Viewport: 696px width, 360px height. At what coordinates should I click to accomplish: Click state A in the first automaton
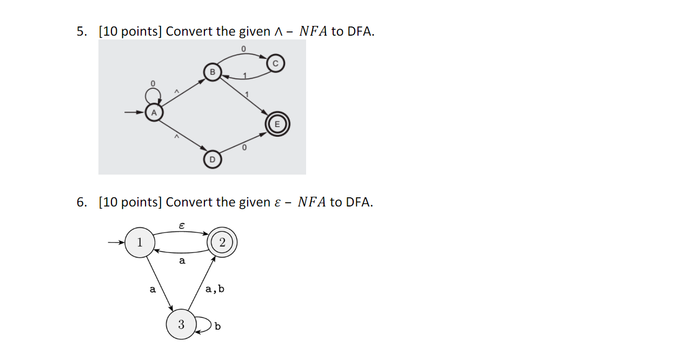pyautogui.click(x=154, y=113)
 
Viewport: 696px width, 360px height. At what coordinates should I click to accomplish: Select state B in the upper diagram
pyautogui.click(x=213, y=72)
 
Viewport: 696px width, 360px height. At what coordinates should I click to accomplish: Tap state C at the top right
pyautogui.click(x=275, y=64)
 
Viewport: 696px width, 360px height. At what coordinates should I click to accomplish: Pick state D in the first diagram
pyautogui.click(x=213, y=159)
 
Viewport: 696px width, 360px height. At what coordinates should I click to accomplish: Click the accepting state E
pyautogui.click(x=277, y=124)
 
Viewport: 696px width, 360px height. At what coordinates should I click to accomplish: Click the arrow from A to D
pyautogui.click(x=182, y=136)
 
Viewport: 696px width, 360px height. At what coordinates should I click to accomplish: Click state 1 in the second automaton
pyautogui.click(x=140, y=243)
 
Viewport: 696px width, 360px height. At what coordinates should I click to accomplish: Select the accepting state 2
pyautogui.click(x=222, y=243)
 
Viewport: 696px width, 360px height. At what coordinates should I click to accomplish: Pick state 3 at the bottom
pyautogui.click(x=181, y=324)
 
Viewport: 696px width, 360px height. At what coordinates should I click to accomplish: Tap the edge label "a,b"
pyautogui.click(x=215, y=289)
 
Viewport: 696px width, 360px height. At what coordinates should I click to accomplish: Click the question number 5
pyautogui.click(x=81, y=32)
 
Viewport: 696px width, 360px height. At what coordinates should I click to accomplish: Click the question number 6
pyautogui.click(x=81, y=203)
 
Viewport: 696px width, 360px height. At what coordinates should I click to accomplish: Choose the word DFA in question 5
pyautogui.click(x=360, y=32)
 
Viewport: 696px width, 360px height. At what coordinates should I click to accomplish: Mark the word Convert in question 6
pyautogui.click(x=189, y=203)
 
